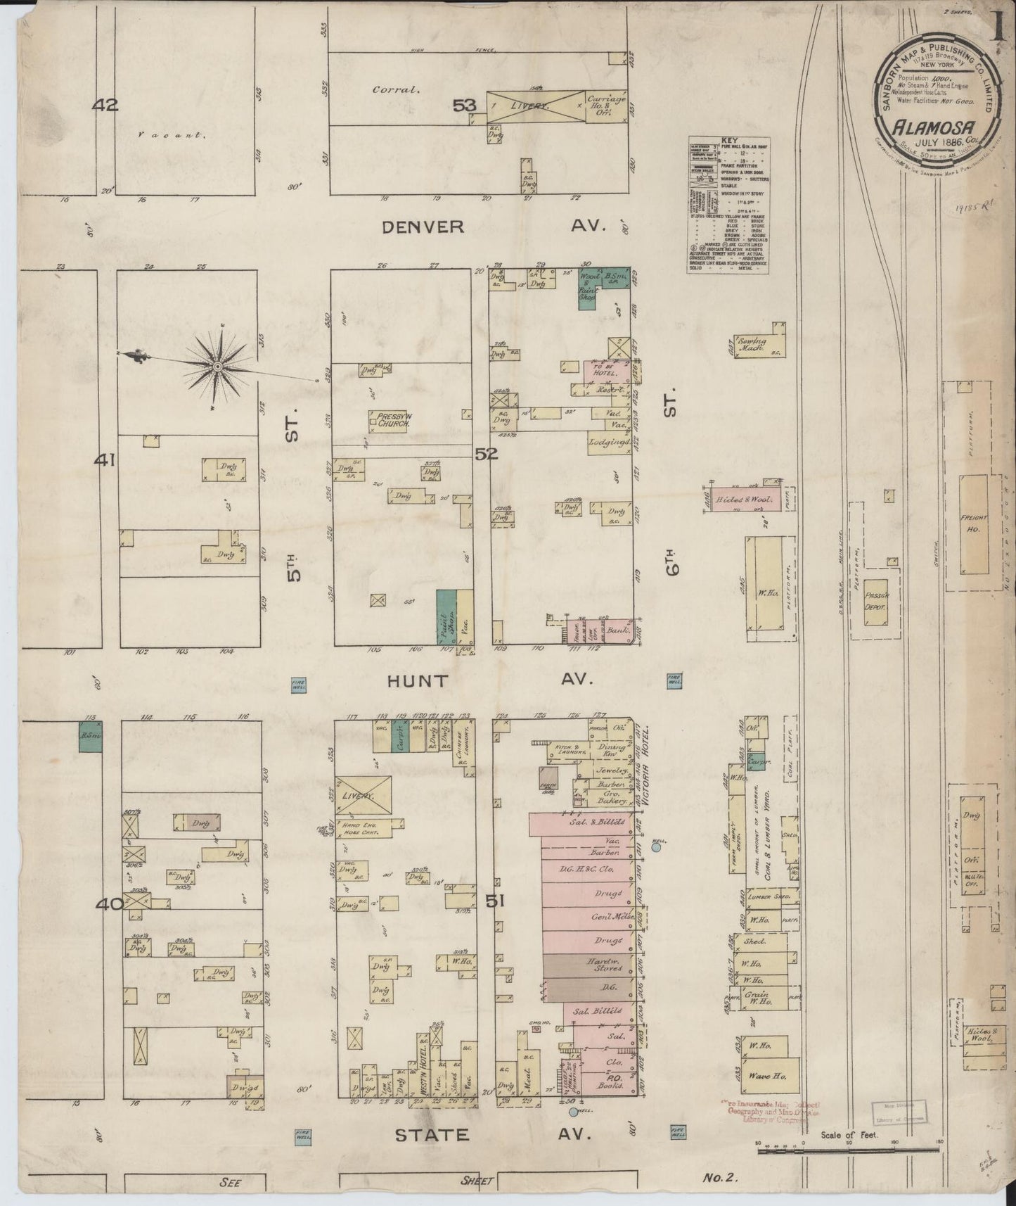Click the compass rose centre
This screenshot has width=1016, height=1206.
(217, 367)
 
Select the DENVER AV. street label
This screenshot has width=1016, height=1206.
(423, 227)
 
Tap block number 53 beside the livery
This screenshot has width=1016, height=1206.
(464, 106)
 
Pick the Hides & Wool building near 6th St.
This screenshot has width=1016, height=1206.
(744, 499)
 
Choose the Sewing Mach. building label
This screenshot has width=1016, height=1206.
(752, 345)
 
